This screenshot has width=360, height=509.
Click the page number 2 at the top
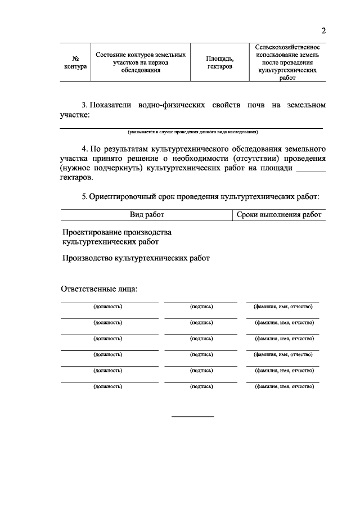[323, 30]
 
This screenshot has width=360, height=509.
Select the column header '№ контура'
[75, 62]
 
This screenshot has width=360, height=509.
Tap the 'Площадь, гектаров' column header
[219, 62]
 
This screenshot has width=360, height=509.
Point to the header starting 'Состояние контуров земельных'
[140, 62]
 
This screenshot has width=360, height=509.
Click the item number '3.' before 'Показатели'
[85, 106]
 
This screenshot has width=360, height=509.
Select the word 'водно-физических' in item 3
[163, 106]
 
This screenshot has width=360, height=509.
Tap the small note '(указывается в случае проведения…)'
[192, 133]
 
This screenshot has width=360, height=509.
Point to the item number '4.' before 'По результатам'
[85, 149]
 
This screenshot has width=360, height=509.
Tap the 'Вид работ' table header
[147, 215]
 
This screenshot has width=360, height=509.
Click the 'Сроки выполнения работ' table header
[279, 215]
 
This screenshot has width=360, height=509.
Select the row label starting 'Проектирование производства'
[117, 237]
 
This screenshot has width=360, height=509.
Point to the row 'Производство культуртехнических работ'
[136, 258]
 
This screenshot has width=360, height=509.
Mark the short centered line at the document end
[192, 416]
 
